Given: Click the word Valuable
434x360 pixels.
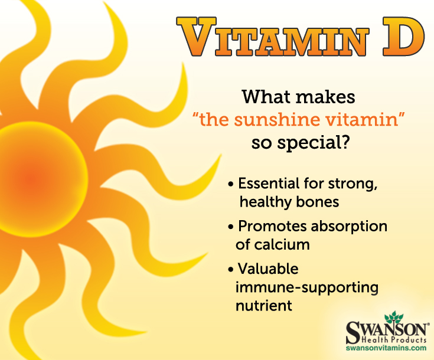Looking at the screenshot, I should point(268,269).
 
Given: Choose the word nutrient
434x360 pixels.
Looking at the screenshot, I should point(265,306).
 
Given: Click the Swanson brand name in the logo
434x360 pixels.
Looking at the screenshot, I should point(384,328).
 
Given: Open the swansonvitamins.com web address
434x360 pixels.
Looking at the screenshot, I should point(386,349).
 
